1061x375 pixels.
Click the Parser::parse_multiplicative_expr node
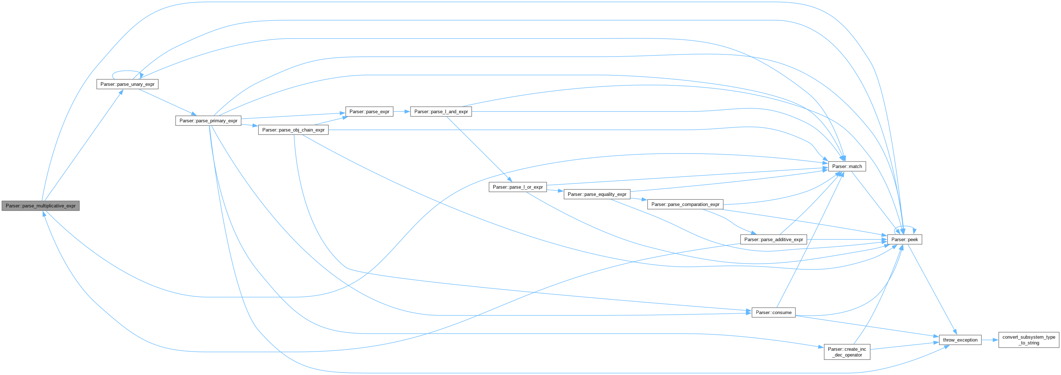pyautogui.click(x=40, y=206)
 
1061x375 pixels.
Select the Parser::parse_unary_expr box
pyautogui.click(x=127, y=84)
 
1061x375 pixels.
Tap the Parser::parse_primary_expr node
pyautogui.click(x=209, y=120)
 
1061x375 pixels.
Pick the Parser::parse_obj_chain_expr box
pyautogui.click(x=293, y=130)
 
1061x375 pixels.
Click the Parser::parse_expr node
pyautogui.click(x=369, y=111)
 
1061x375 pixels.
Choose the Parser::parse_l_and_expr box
pyautogui.click(x=441, y=111)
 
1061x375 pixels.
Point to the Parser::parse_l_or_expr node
pyautogui.click(x=518, y=187)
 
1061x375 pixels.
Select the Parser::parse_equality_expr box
pyautogui.click(x=597, y=194)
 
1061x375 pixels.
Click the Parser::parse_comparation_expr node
pyautogui.click(x=686, y=204)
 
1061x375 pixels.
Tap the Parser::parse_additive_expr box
pyautogui.click(x=773, y=239)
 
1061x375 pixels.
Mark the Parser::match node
pyautogui.click(x=847, y=167)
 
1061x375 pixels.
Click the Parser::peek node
pyautogui.click(x=905, y=239)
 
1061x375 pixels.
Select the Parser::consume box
pyautogui.click(x=773, y=313)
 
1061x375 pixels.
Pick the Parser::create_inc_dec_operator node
pyautogui.click(x=847, y=352)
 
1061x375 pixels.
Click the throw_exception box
pyautogui.click(x=960, y=340)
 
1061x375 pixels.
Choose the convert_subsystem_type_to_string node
pyautogui.click(x=1028, y=340)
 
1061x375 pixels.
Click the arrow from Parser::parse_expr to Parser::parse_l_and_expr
pyautogui.click(x=401, y=111)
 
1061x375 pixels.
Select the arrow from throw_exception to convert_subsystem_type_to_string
pyautogui.click(x=990, y=340)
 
